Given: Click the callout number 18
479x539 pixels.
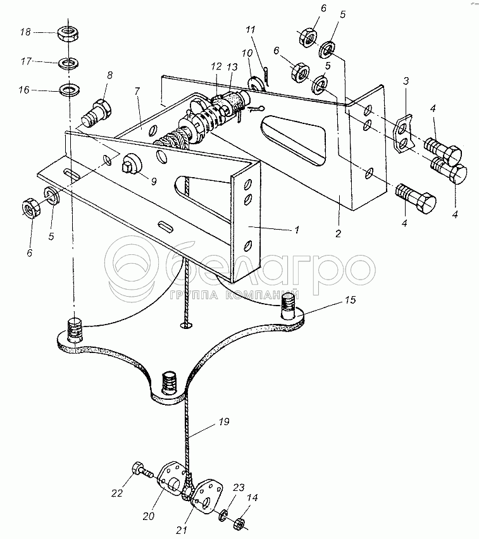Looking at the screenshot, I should click(25, 32).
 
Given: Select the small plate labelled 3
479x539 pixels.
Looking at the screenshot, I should click(401, 134).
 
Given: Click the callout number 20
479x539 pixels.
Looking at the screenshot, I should click(148, 516).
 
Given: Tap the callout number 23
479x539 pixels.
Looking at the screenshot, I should click(237, 488).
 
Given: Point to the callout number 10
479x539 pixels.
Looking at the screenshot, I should click(247, 53).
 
